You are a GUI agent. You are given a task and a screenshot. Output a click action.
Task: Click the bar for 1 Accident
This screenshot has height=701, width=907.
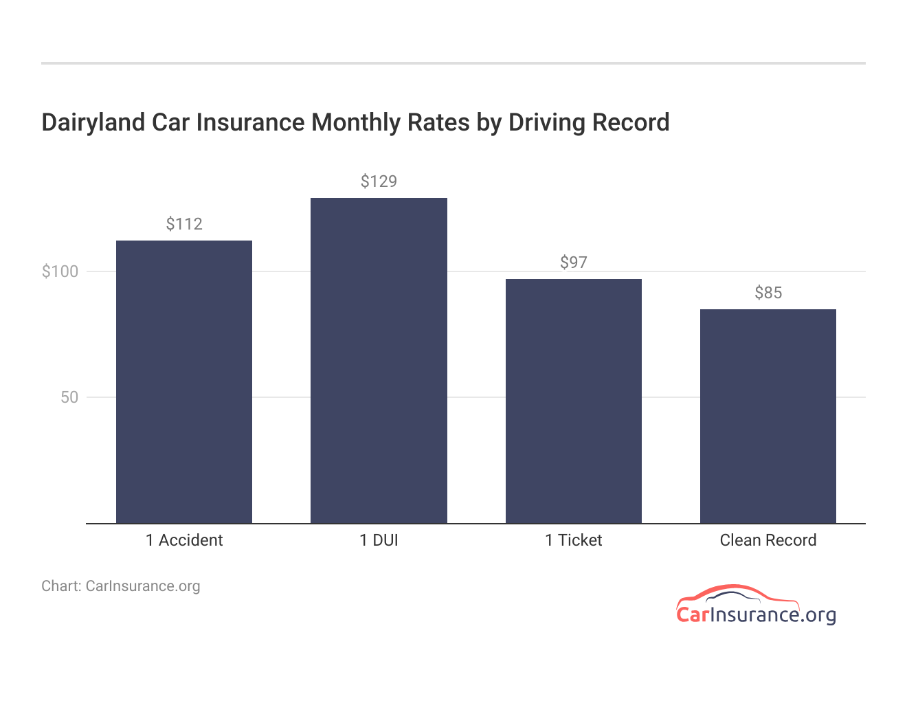184,381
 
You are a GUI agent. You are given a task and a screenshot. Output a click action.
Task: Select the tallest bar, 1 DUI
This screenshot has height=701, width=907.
379,360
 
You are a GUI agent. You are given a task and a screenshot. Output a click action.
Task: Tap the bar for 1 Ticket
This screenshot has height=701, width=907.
573,401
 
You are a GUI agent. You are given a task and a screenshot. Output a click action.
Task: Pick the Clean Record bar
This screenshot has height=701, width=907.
768,416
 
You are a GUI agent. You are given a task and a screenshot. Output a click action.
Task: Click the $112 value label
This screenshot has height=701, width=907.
184,224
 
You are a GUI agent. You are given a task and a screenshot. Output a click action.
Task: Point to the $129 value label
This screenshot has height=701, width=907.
379,181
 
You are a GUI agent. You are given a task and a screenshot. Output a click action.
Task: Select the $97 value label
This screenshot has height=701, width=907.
573,263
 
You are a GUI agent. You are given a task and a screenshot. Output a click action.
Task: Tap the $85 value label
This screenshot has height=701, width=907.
768,293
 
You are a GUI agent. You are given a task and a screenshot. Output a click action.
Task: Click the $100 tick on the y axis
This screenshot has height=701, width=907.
60,271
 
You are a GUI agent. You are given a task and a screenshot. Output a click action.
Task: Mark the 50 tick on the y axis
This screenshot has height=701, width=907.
69,397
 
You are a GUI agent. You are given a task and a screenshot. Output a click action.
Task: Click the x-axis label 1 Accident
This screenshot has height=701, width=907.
184,540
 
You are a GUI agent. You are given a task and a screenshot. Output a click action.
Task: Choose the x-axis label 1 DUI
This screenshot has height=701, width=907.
379,540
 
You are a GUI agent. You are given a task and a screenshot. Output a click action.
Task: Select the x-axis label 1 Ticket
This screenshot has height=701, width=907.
573,540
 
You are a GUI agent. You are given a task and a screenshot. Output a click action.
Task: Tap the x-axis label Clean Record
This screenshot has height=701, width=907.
768,540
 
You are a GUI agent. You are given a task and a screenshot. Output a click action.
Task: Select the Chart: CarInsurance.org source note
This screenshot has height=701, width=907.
121,586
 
